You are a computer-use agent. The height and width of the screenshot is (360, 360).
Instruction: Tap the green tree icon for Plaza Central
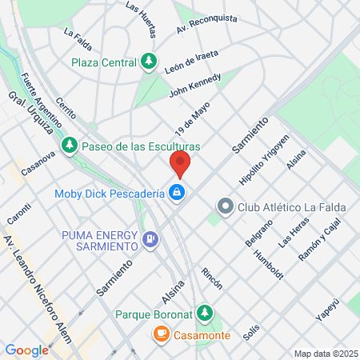click(149, 61)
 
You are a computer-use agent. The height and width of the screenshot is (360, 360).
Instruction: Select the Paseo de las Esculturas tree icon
click(71, 146)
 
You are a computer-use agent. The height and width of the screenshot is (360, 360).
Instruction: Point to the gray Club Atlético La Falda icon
click(226, 207)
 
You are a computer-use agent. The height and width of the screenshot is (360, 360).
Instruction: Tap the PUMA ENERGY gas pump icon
click(150, 238)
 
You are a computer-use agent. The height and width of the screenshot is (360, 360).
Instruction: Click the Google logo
click(26, 350)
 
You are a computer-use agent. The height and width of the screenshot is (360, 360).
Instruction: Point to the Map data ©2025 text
click(324, 353)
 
